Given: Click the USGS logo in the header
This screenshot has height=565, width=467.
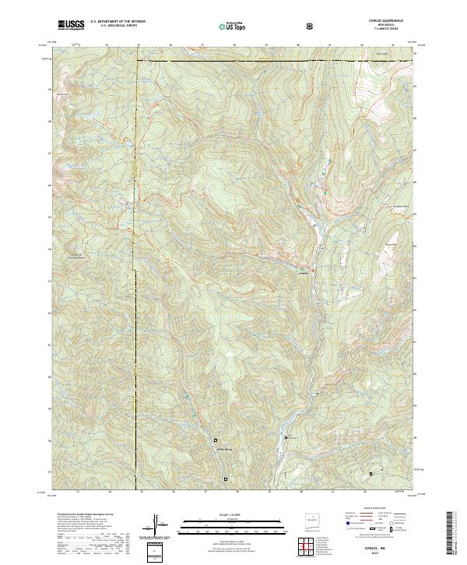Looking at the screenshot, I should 71,25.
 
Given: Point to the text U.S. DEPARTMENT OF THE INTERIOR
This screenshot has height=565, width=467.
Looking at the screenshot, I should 118,23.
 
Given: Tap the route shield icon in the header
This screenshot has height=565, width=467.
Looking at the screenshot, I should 311,25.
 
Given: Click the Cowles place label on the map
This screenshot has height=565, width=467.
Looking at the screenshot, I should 304,272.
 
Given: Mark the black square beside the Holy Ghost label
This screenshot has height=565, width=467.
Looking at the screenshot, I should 216,440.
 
